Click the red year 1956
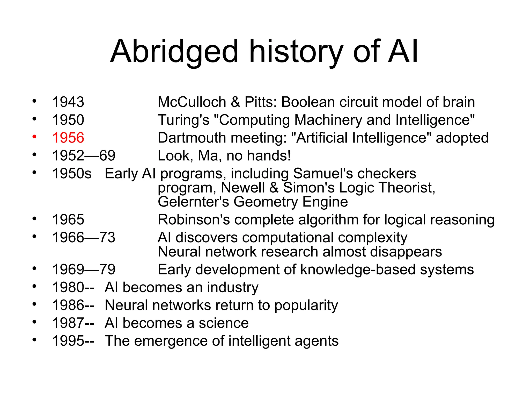pos(68,138)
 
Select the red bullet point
pos(34,137)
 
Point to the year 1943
pos(68,102)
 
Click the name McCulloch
pos(192,102)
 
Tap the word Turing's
pos(183,120)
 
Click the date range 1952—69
pos(84,155)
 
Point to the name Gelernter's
pos(193,202)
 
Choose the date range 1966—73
pos(84,237)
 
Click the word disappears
pos(406,252)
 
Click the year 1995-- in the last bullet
pos(73,341)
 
